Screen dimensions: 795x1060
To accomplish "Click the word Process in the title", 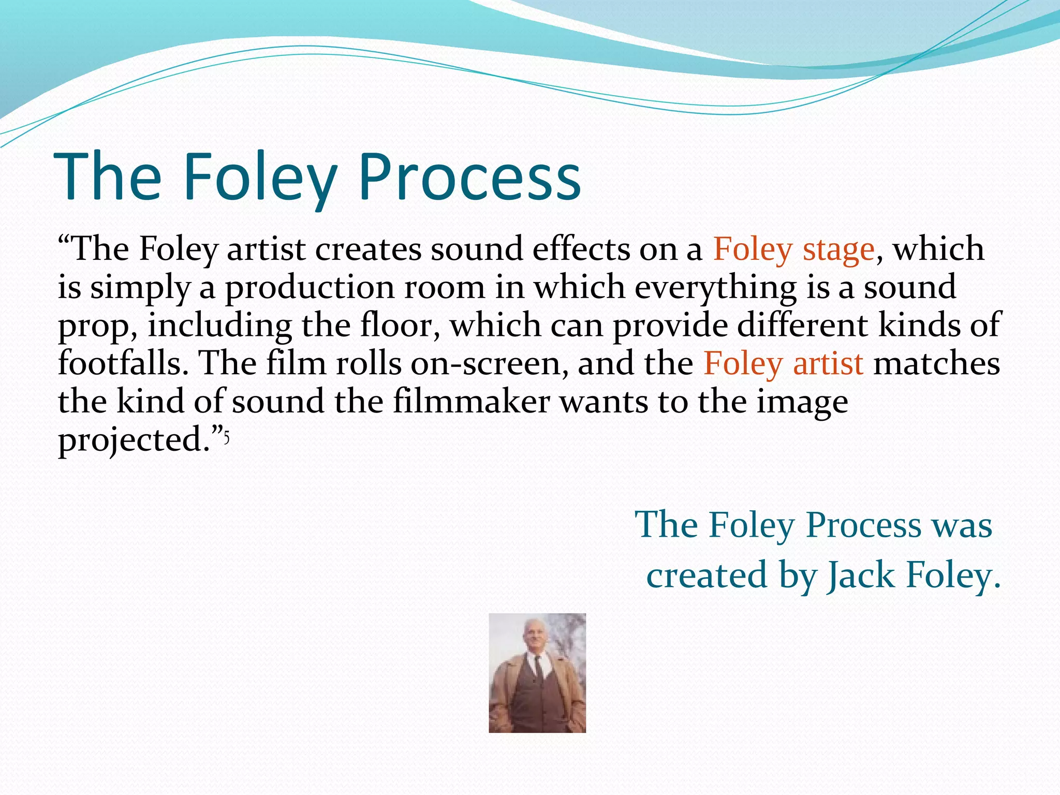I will (x=470, y=177).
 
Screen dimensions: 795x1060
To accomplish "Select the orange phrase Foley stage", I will (x=794, y=249).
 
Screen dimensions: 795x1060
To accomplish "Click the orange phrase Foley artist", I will (x=783, y=364).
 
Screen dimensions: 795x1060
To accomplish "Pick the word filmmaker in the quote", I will (x=471, y=402).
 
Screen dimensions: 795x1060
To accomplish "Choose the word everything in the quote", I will (x=716, y=288).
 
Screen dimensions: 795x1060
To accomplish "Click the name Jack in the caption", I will (x=860, y=576).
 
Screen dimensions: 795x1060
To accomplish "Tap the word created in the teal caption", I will (x=706, y=576).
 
